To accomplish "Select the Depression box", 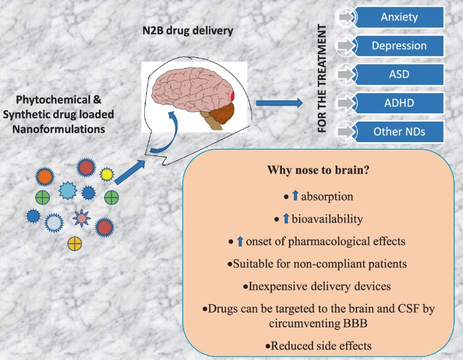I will pyautogui.click(x=399, y=46).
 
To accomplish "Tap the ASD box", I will pyautogui.click(x=399, y=74).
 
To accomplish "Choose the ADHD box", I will pyautogui.click(x=399, y=104).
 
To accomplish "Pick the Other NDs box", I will pyautogui.click(x=399, y=132).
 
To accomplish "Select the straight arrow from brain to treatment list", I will pyautogui.click(x=279, y=103).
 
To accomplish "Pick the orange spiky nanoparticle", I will pyautogui.click(x=44, y=177).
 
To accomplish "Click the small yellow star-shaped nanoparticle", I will pyautogui.click(x=107, y=175).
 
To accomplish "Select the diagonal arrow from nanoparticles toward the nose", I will pyautogui.click(x=130, y=171).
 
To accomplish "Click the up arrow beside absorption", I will pyautogui.click(x=295, y=196).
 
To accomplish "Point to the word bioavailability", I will pyautogui.click(x=327, y=219).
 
